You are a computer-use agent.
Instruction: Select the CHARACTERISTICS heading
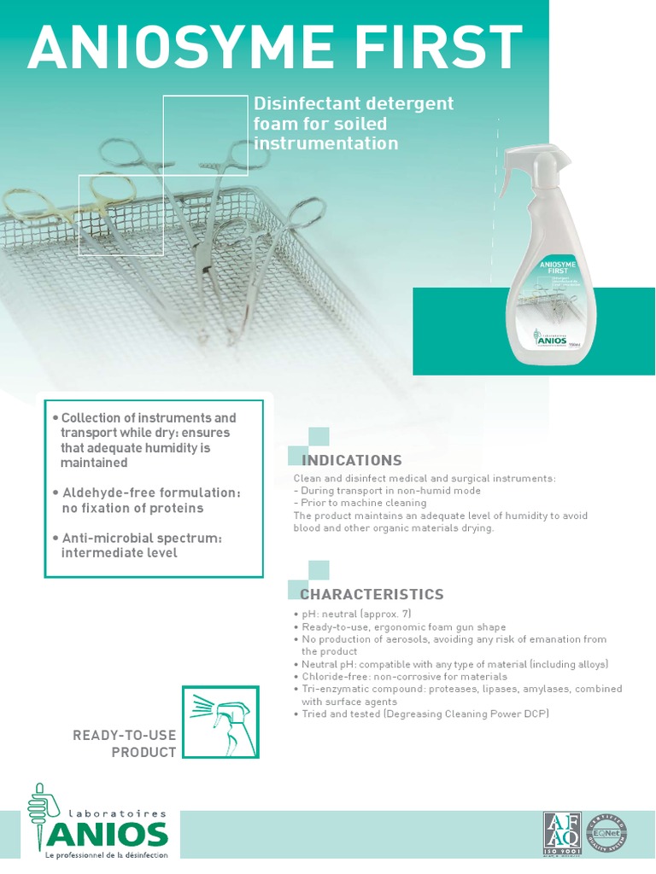click(x=372, y=594)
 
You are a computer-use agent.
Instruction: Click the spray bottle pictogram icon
click(x=220, y=721)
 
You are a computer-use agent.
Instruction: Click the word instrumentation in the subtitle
click(x=326, y=143)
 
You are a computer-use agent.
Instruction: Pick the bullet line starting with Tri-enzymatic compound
click(x=461, y=689)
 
